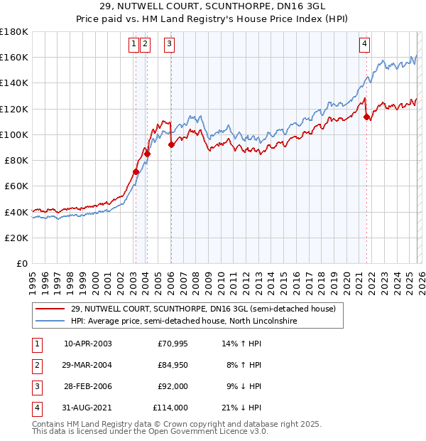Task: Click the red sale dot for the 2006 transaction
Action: click(171, 144)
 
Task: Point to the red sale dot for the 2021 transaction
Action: click(366, 117)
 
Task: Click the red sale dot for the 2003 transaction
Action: click(136, 171)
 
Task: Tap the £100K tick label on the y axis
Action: click(14, 134)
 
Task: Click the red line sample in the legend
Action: click(50, 309)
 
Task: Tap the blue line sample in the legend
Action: click(50, 322)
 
